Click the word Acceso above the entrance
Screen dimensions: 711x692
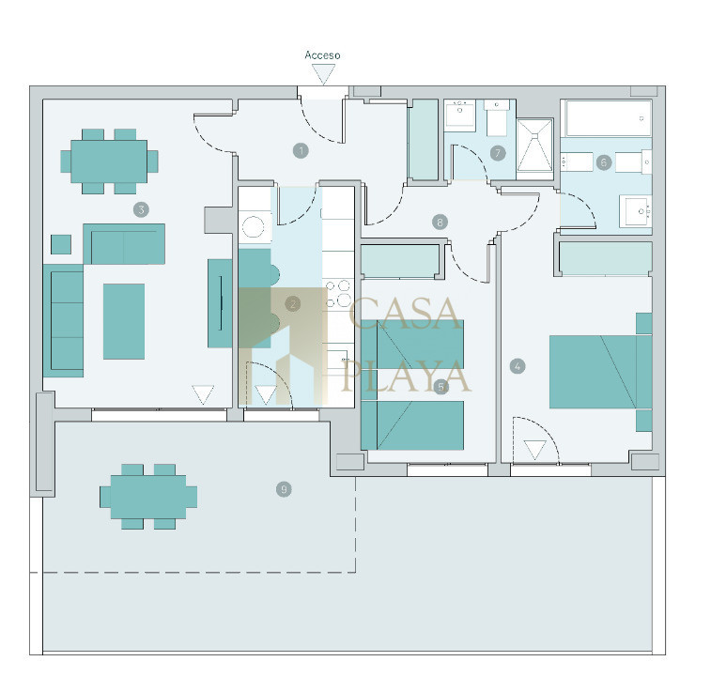(322, 55)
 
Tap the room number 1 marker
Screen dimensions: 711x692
(301, 150)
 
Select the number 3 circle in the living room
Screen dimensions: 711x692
(141, 209)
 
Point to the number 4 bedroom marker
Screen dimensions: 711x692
(518, 366)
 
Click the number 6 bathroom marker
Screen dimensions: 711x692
(603, 162)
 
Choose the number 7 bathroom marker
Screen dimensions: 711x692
(498, 153)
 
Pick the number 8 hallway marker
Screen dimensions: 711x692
(440, 222)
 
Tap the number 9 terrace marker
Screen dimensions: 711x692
(284, 489)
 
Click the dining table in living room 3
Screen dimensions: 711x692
(109, 161)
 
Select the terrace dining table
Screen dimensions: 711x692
(148, 497)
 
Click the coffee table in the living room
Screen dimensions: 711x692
(124, 321)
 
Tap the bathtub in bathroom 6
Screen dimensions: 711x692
(608, 118)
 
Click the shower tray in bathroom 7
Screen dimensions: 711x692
(535, 149)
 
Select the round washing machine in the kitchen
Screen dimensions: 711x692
(253, 227)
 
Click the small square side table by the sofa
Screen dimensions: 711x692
(61, 244)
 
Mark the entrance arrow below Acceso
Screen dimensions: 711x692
(323, 74)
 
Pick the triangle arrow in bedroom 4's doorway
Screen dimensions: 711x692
(535, 450)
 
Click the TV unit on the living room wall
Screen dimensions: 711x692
(220, 303)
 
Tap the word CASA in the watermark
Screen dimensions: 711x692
(404, 314)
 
